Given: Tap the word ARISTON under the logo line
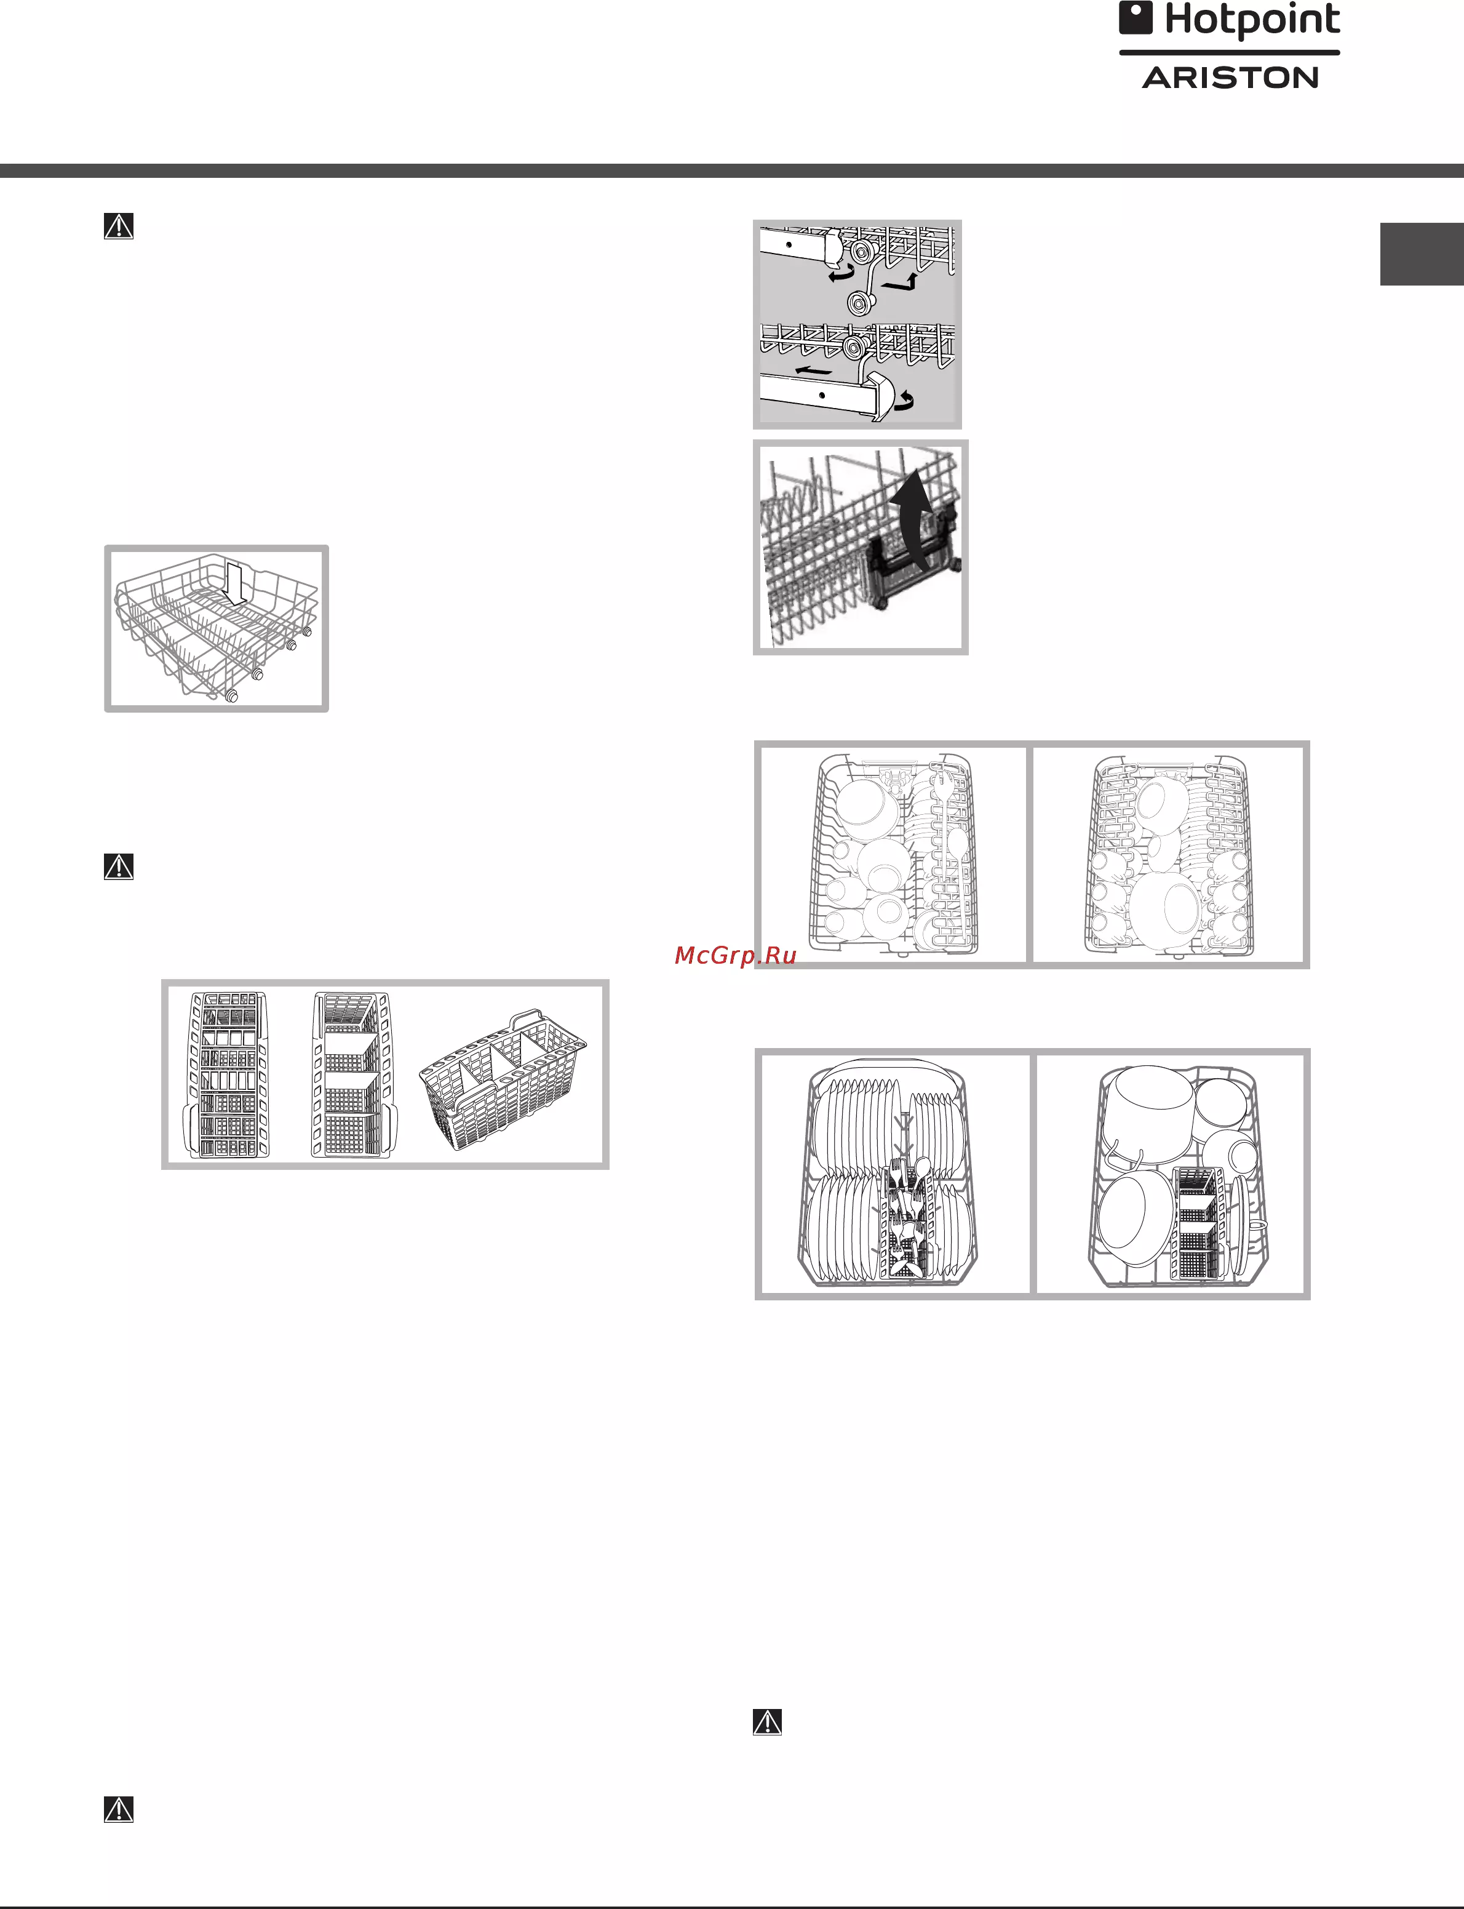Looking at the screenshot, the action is coord(1230,78).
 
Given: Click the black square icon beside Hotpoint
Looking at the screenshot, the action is coord(1136,17).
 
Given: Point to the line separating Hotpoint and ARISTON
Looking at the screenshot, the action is coord(1230,53).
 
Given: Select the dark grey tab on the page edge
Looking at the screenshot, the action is coord(1422,254).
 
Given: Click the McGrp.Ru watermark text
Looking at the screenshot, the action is coord(736,955).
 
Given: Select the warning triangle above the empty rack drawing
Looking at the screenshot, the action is coord(119,226).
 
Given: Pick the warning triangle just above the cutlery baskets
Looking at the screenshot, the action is coord(119,866).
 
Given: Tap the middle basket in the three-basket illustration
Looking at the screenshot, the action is coord(352,1075).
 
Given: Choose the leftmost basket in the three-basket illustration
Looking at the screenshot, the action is coord(226,1075).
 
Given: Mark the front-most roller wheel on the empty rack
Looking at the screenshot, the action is coord(231,695).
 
